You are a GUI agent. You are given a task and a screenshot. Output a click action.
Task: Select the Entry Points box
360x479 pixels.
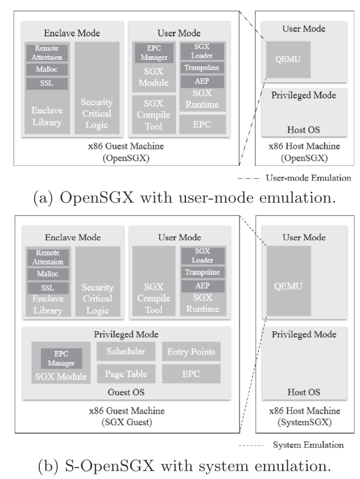[192, 352]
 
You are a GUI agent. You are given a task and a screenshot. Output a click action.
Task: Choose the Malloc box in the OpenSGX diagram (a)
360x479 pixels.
[47, 69]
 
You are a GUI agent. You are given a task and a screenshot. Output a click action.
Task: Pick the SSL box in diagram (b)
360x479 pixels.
[47, 287]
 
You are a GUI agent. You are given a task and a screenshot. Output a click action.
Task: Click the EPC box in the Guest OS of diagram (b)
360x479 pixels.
[192, 373]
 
